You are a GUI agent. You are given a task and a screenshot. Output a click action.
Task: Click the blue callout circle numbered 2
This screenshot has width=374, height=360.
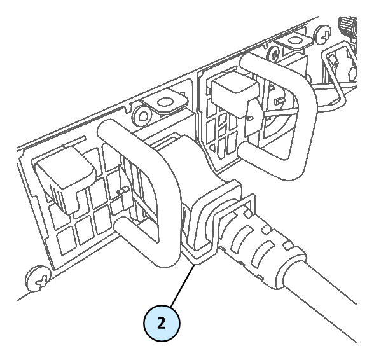point(162,323)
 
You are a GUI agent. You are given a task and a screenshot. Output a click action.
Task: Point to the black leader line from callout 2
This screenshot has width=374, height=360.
point(183,286)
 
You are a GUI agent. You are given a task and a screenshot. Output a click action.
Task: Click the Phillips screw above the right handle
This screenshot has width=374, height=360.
point(275,53)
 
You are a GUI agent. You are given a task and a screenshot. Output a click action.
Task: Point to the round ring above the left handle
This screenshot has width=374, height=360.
point(143,116)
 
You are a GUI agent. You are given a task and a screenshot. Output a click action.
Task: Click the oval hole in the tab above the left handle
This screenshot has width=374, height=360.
point(165,102)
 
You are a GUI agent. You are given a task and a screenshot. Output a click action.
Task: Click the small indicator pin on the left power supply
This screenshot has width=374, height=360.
point(123,190)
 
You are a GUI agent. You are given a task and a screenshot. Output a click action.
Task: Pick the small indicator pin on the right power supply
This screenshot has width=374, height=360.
point(279,101)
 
